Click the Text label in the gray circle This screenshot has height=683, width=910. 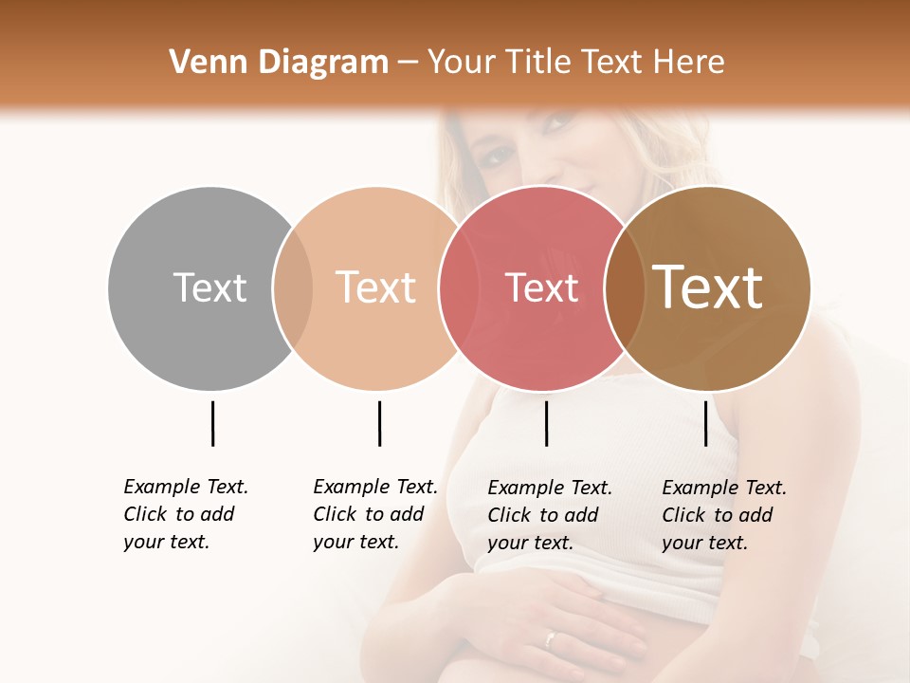pyautogui.click(x=209, y=287)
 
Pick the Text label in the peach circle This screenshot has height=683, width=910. pyautogui.click(x=375, y=287)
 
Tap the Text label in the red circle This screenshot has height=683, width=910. pyautogui.click(x=541, y=287)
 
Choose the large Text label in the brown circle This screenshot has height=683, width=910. pyautogui.click(x=708, y=287)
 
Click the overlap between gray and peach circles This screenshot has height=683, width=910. pyautogui.click(x=293, y=288)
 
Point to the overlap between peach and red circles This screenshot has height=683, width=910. pyautogui.click(x=459, y=288)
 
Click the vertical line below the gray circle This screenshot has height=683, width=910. pyautogui.click(x=212, y=423)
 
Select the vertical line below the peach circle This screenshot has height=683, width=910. pyautogui.click(x=379, y=423)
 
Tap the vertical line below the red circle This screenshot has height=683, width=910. pyautogui.click(x=546, y=423)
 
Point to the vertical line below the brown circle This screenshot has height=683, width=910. pyautogui.click(x=705, y=423)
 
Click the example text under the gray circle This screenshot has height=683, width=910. pyautogui.click(x=186, y=514)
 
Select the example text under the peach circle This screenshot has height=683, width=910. pyautogui.click(x=375, y=514)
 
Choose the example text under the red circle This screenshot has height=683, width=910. pyautogui.click(x=550, y=515)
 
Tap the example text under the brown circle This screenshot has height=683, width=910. pyautogui.click(x=724, y=515)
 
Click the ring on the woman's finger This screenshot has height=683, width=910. pyautogui.click(x=550, y=639)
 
